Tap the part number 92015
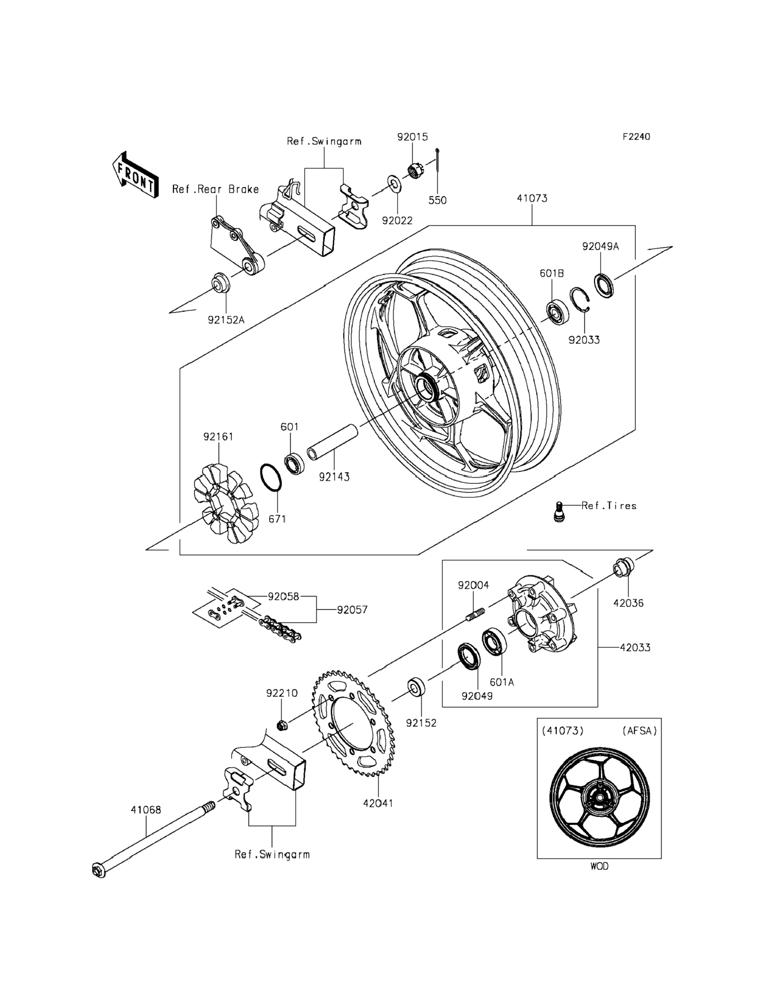412,137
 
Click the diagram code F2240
636,136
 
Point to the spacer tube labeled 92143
333,442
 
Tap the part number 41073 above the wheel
532,198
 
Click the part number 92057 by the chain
352,610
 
